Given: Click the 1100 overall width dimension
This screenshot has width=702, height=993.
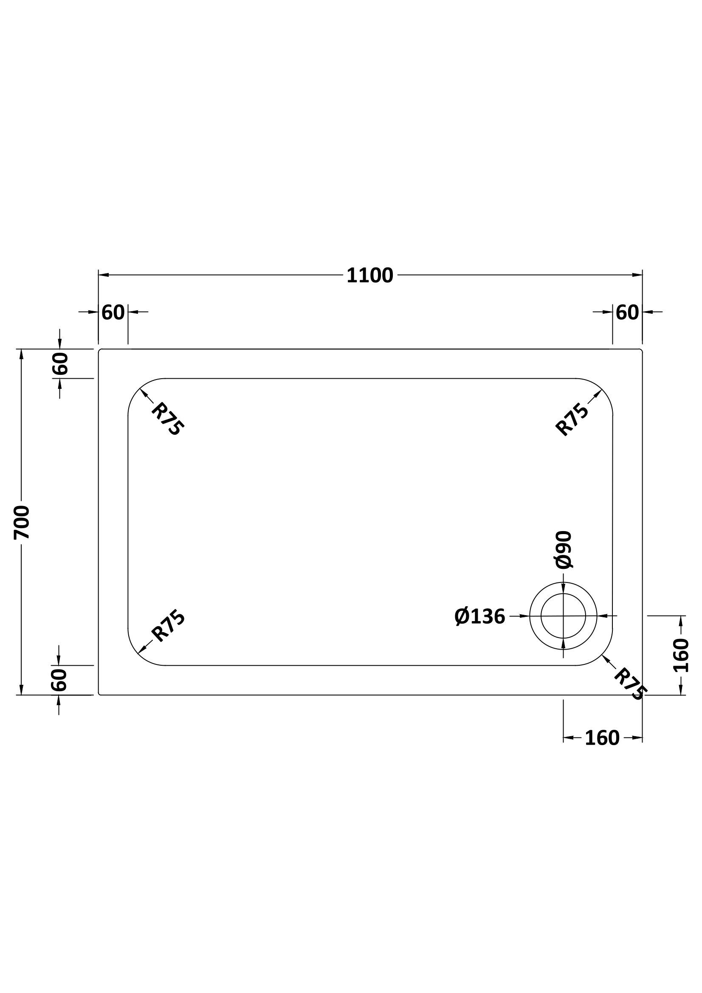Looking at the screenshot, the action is [x=370, y=276].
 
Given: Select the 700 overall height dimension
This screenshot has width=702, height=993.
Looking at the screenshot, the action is [x=22, y=522].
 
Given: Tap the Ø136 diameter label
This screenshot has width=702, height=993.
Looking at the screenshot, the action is [x=479, y=617].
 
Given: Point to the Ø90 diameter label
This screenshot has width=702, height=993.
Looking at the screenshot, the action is [x=564, y=550].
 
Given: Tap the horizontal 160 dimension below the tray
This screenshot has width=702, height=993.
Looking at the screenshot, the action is [x=602, y=738].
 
